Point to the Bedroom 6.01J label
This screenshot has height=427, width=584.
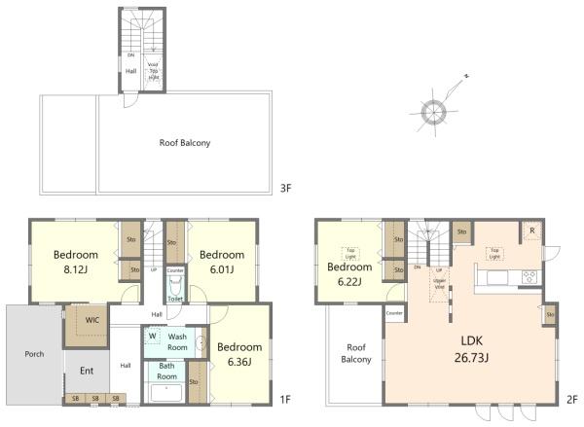[x=221, y=261]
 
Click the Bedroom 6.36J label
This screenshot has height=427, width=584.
[x=238, y=354]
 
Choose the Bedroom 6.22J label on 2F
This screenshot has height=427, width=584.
[x=349, y=274]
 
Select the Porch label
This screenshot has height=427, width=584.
[x=33, y=353]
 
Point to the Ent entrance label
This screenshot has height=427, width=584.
[x=86, y=371]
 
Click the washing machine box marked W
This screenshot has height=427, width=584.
[x=153, y=338]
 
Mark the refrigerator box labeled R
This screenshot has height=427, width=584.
[x=531, y=231]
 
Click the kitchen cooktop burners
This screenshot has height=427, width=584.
[x=529, y=276]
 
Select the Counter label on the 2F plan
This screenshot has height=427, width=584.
[x=394, y=314]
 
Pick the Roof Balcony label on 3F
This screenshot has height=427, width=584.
[x=185, y=142]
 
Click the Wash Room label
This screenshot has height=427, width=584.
[x=178, y=342]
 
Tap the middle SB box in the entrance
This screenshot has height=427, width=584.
[x=95, y=398]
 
